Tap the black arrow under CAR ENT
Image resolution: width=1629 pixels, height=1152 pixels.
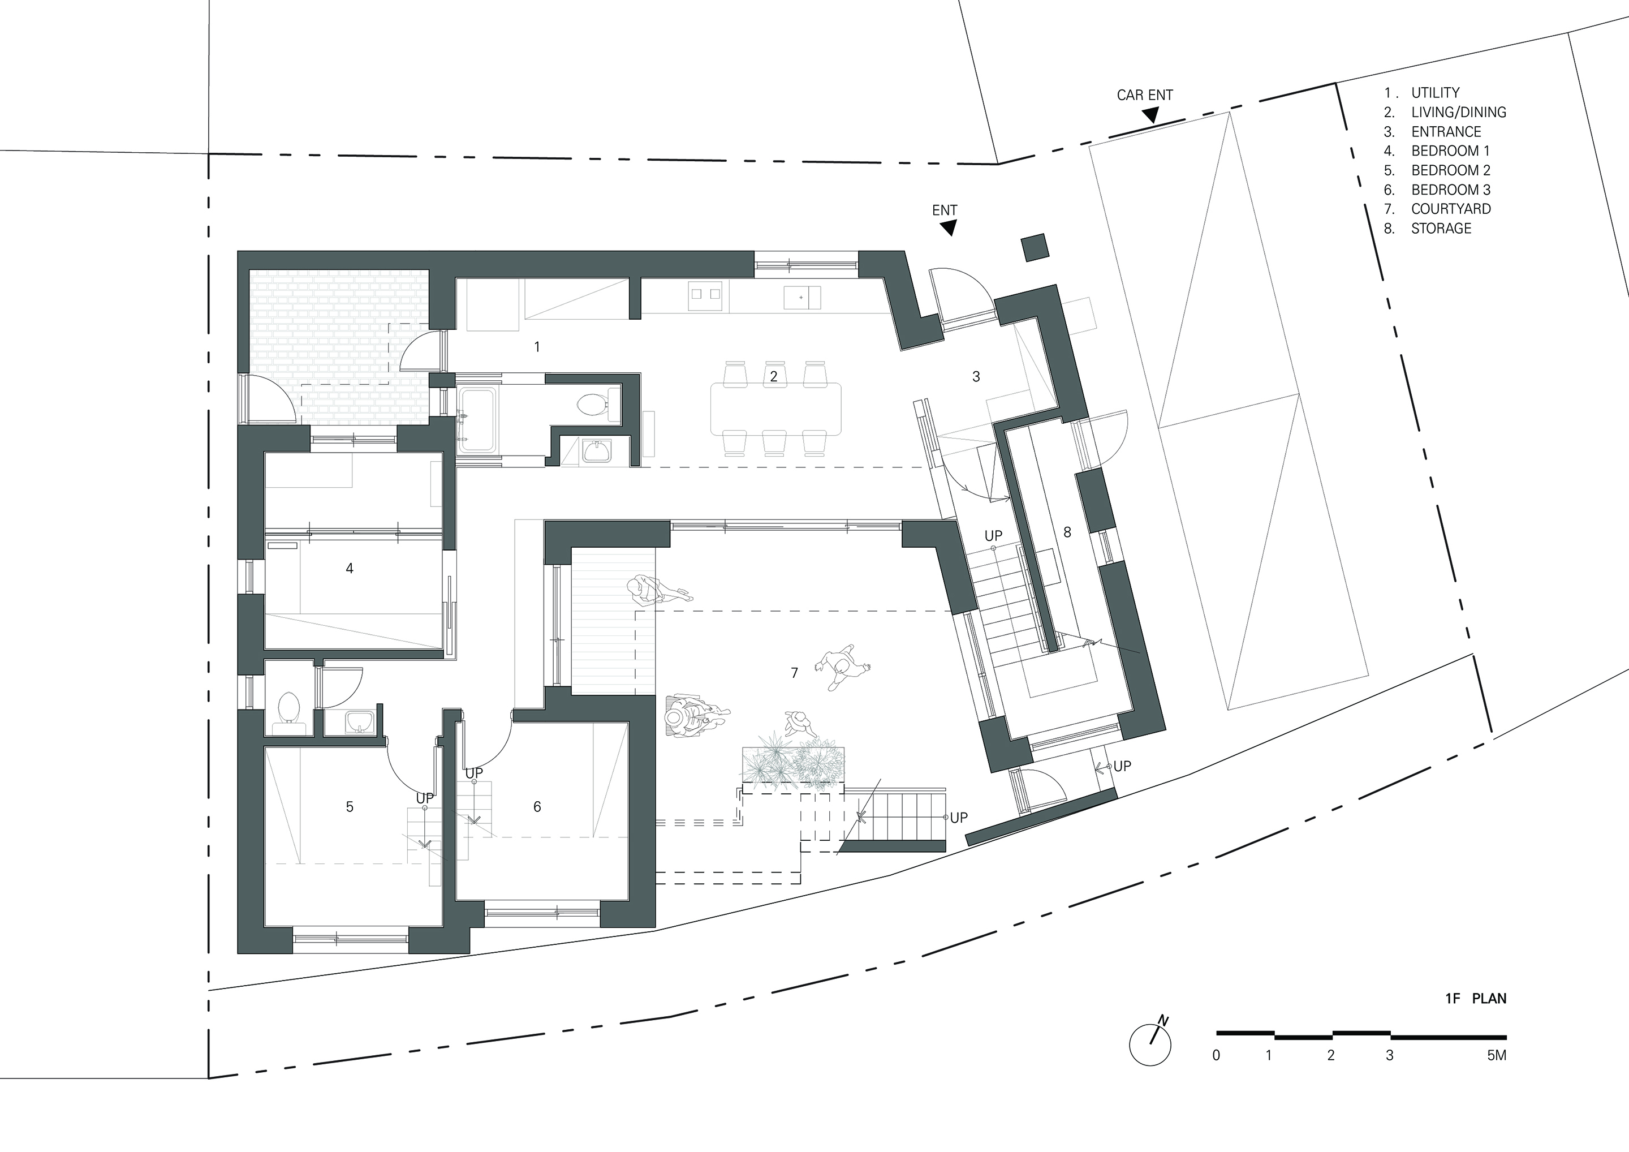coord(1151,114)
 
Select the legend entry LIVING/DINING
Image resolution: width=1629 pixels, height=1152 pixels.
coord(1459,112)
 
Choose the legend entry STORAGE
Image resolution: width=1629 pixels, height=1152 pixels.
coord(1441,229)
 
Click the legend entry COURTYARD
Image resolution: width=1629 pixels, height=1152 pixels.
coord(1451,209)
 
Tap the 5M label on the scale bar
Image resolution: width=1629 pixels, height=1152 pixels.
coord(1496,1055)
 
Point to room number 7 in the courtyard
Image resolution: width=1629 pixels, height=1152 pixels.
coord(794,672)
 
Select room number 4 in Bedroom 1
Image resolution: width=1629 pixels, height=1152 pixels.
coord(349,568)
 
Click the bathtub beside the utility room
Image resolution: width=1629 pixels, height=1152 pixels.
coord(480,420)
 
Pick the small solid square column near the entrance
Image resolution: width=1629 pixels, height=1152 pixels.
coord(1035,248)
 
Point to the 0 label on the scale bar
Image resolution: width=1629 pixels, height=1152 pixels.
coord(1216,1055)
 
